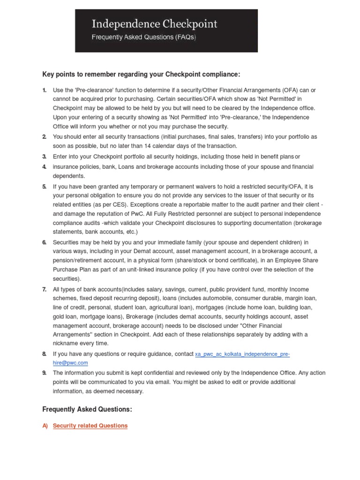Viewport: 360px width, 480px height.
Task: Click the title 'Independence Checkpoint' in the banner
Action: tap(154, 24)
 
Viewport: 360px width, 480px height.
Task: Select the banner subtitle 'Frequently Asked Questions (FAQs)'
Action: tap(143, 37)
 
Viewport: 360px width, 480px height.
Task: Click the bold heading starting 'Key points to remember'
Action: tap(141, 74)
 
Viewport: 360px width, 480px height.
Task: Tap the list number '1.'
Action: tap(45, 90)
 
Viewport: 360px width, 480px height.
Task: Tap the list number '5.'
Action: tap(45, 186)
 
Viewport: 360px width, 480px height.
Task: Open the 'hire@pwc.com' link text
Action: tap(70, 362)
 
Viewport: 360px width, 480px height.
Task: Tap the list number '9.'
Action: tap(45, 373)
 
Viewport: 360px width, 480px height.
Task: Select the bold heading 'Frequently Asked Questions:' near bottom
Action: tap(87, 409)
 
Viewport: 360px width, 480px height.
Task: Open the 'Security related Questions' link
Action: tap(90, 426)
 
